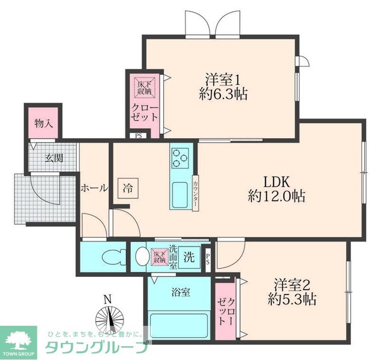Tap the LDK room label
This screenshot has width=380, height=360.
point(275,179)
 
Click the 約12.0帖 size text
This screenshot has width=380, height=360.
point(276,196)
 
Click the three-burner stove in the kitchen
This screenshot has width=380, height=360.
point(180,157)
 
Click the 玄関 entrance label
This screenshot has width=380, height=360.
point(53,158)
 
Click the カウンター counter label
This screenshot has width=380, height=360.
point(196,191)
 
